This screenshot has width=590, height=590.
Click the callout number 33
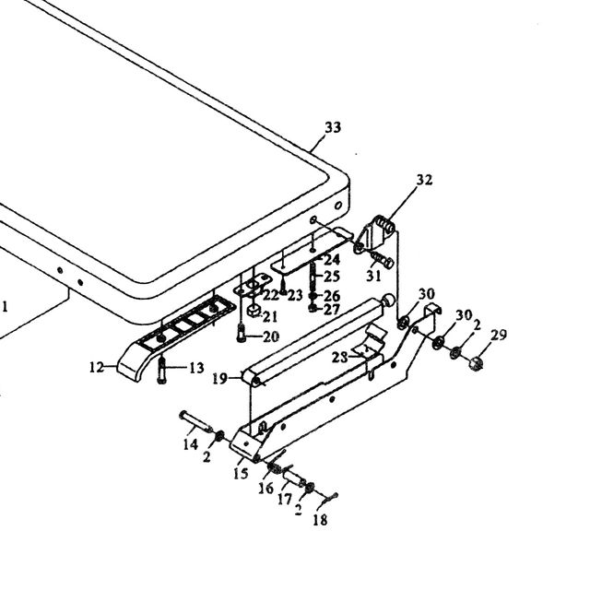click(333, 127)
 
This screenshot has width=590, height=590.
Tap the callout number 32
click(424, 180)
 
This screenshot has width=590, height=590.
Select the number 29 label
click(499, 335)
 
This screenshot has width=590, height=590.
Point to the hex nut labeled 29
click(476, 363)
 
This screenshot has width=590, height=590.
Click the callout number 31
click(373, 276)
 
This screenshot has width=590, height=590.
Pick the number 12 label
click(96, 367)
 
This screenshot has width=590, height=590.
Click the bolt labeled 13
click(162, 371)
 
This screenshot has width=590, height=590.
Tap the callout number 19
click(219, 379)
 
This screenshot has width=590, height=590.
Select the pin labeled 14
click(195, 421)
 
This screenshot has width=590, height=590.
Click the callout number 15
click(241, 473)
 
